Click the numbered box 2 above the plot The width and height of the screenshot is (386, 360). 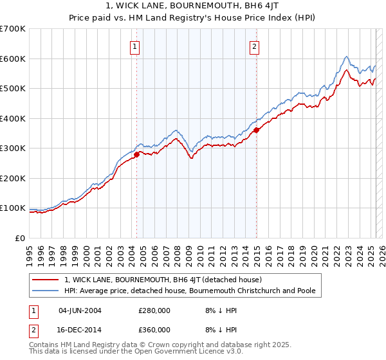tap(255, 46)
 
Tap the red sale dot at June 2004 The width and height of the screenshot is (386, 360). tap(136, 154)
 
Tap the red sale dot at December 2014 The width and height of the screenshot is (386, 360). tap(256, 130)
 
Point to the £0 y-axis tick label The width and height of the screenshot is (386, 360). tap(19, 238)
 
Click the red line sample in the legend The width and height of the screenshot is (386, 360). tap(46, 280)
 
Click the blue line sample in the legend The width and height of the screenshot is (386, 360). tap(46, 291)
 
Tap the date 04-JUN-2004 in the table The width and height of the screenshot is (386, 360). tap(80, 310)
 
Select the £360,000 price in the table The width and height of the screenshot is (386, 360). tap(154, 329)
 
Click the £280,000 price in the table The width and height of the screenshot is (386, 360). tap(154, 310)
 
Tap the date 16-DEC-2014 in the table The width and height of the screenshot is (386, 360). tap(80, 329)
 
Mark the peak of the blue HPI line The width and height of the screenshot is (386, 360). tap(346, 57)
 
